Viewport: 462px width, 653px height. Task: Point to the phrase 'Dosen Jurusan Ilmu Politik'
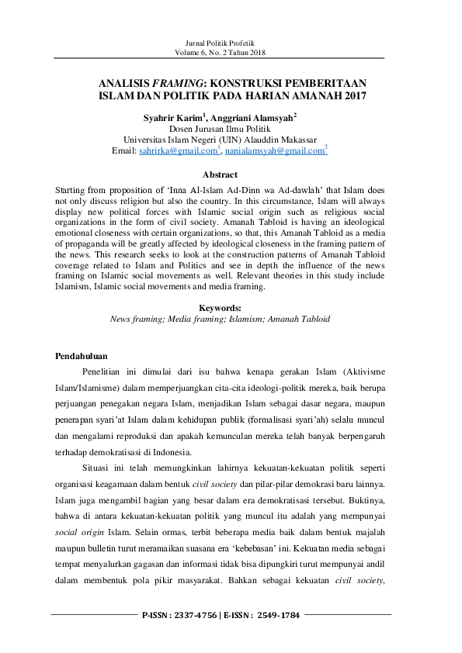click(x=221, y=129)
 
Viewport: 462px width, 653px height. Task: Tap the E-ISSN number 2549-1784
click(x=276, y=614)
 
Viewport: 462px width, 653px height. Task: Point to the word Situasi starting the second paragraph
click(x=97, y=469)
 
